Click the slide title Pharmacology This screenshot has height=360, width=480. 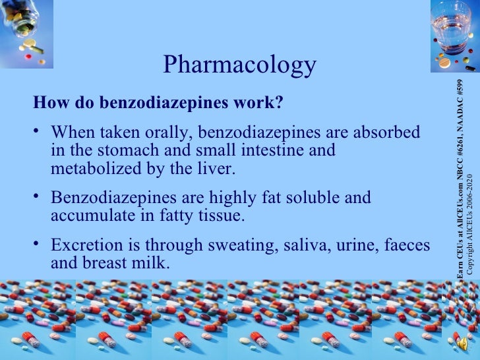(239, 65)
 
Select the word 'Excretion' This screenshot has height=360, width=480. (84, 245)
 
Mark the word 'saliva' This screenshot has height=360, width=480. (301, 245)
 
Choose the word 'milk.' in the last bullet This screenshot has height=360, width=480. (150, 264)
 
